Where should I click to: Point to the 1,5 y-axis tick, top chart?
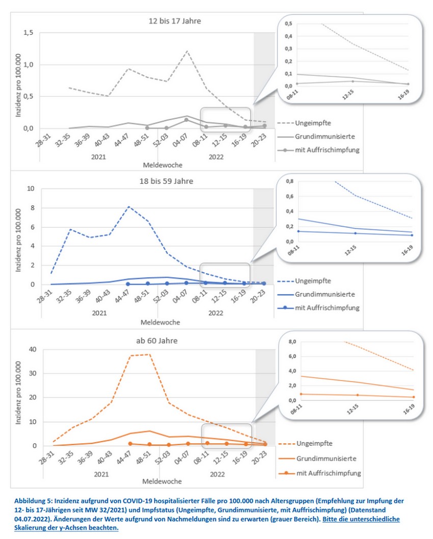(x=28, y=33)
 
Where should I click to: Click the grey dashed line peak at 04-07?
(x=187, y=51)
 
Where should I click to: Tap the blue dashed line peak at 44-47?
(x=128, y=207)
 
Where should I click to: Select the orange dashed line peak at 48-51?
(x=148, y=354)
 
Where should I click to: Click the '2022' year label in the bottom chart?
(x=218, y=474)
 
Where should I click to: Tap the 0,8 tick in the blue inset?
(x=291, y=181)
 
